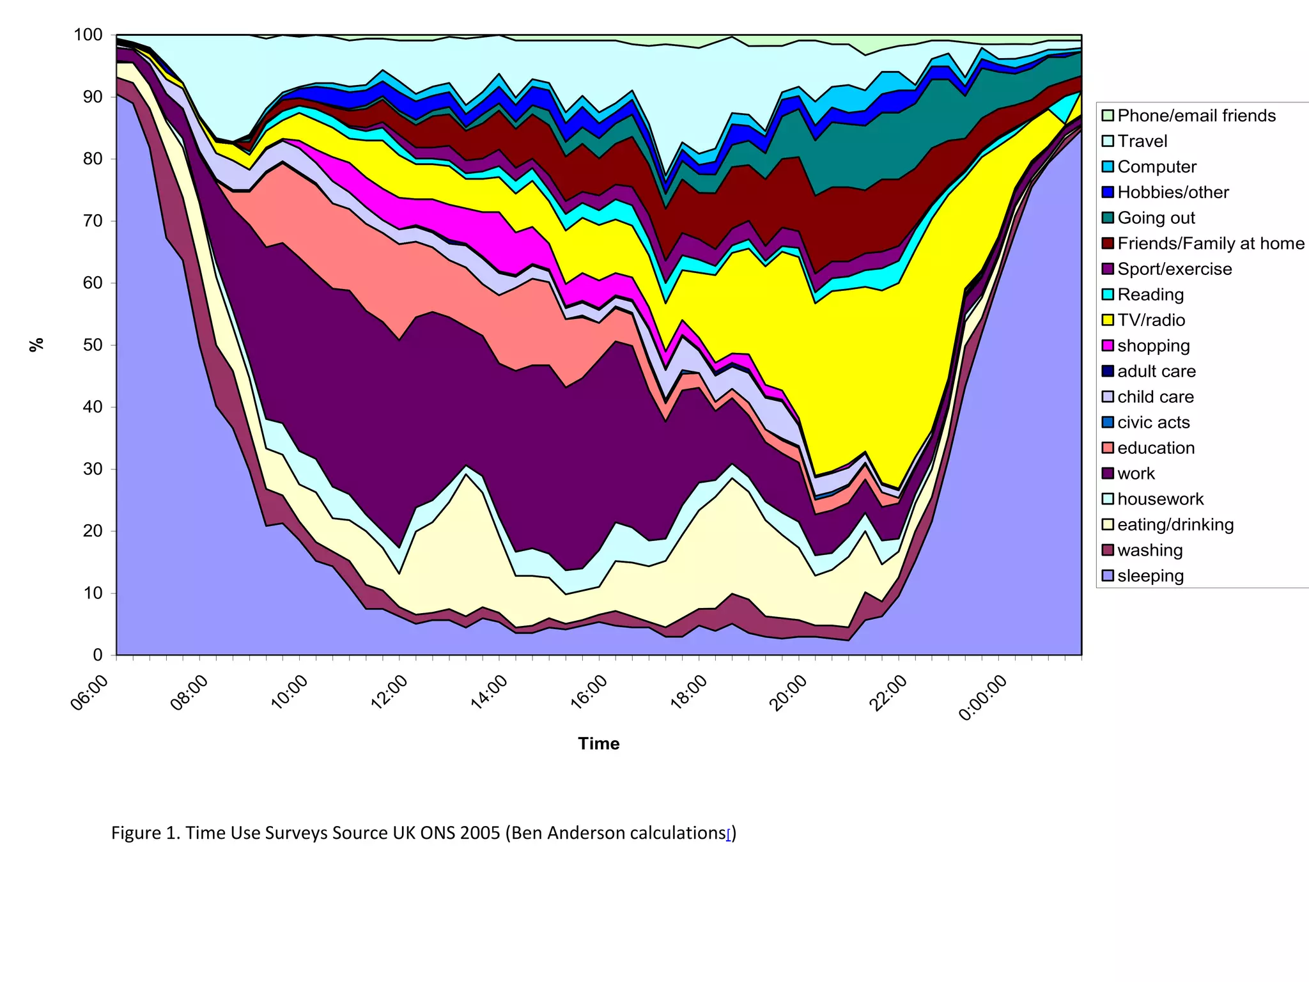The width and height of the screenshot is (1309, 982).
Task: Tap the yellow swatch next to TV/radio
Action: pos(1108,320)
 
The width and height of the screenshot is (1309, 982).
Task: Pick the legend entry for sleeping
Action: pos(1150,576)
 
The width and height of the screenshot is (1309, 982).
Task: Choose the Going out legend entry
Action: pos(1156,218)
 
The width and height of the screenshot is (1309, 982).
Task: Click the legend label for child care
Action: pos(1155,397)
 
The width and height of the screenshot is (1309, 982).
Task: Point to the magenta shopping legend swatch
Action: pos(1108,346)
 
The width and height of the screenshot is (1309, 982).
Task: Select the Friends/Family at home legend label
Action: pos(1211,244)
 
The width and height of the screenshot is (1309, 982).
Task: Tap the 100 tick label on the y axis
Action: pos(88,35)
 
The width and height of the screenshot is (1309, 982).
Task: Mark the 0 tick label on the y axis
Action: pos(98,655)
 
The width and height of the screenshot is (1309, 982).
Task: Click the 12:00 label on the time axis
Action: pos(389,693)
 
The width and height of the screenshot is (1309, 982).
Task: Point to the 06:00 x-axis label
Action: pos(89,693)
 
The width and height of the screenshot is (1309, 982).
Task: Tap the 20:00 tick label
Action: pos(788,693)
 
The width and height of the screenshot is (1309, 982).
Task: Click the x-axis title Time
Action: pos(598,744)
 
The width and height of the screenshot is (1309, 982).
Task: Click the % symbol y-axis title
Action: pos(37,345)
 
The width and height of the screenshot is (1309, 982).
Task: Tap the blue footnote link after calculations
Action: pos(729,834)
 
